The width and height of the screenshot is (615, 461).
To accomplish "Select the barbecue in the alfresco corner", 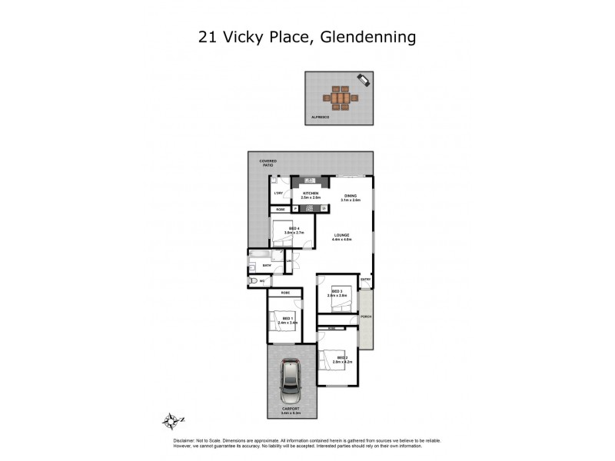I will coord(363,80).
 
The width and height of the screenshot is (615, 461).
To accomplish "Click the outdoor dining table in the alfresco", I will coord(338,98).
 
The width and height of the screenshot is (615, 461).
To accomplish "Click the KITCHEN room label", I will coord(311,194).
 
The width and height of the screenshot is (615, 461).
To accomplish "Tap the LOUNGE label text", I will coord(342,235).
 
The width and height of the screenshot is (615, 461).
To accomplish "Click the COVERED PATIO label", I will coord(267,163).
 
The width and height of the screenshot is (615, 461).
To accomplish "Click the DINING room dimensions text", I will coord(351,200).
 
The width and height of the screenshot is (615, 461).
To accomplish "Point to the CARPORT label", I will coord(290,410).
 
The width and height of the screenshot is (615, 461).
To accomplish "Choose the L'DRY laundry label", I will coord(279,193).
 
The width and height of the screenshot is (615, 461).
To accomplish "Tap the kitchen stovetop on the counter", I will coord(311,208).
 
